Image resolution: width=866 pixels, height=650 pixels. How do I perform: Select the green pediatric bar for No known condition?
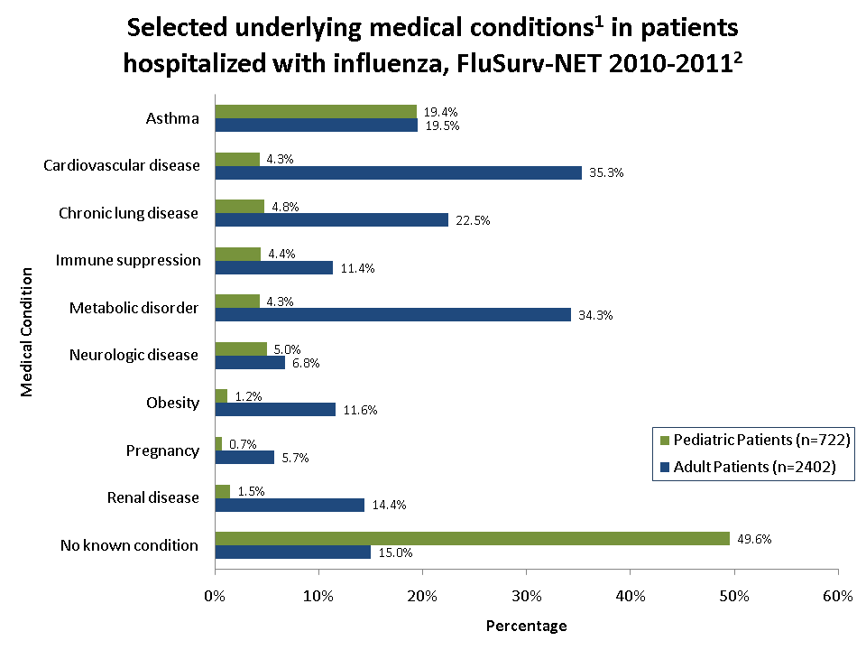pos(472,538)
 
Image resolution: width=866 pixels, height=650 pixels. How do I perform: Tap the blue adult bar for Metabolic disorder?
pos(392,314)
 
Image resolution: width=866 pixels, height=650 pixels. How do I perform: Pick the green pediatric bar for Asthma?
pos(316,111)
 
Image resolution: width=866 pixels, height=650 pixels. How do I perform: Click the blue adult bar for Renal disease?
pos(290,505)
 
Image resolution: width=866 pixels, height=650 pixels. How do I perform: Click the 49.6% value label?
pos(753,539)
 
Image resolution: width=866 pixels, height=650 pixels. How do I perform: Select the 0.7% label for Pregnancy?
pos(242,443)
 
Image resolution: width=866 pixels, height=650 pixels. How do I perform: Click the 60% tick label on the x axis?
pos(838,596)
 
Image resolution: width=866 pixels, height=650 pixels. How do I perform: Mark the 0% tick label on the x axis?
pos(215,596)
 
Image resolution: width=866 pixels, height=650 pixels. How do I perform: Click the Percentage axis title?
pos(526,626)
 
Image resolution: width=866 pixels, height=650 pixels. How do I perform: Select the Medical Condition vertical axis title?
pos(27,330)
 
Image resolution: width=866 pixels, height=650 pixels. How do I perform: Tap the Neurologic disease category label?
pos(134,355)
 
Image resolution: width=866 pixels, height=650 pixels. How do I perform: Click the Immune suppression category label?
pos(128,260)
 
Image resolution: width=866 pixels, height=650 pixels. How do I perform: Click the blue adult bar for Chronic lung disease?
pos(331,219)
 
